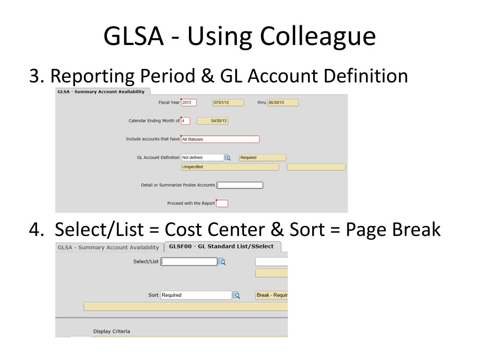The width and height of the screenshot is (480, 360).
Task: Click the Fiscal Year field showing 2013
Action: pos(188,103)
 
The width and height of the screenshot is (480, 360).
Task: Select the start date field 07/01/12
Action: pos(228,103)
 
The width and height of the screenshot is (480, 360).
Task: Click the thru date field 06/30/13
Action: pos(282,103)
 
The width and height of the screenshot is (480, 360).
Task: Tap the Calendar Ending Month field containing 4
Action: pos(185,120)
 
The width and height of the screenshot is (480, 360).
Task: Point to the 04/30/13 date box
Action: pos(212,120)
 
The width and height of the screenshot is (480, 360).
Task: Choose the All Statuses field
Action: pos(220,139)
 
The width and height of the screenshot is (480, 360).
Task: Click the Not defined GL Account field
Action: pos(202,157)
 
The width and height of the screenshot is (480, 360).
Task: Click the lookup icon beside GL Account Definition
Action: pos(228,157)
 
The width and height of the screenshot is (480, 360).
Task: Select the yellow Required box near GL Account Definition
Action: pos(262,157)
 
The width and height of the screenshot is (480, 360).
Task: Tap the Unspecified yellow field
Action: pos(230,167)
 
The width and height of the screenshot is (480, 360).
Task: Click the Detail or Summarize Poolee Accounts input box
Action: pos(240,185)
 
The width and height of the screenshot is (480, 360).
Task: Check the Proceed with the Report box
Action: pos(222,203)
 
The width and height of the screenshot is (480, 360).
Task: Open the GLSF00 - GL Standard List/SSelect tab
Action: pos(221,246)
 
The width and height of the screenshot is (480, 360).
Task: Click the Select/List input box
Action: pos(189,262)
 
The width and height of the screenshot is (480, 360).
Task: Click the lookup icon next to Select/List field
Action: pos(222,262)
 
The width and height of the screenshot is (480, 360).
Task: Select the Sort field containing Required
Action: pos(196,295)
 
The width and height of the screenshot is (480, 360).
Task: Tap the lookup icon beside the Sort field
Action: pos(236,295)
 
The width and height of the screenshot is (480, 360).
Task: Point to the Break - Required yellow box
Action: pos(271,295)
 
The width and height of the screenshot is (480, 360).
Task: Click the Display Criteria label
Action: pos(112,331)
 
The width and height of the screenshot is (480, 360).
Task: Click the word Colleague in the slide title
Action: pos(317,37)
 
